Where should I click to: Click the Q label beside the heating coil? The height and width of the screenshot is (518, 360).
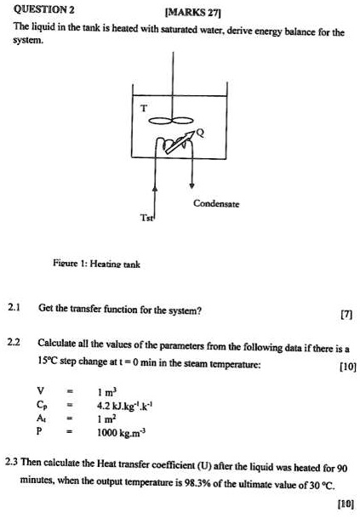point(201,133)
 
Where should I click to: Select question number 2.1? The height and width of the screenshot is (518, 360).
point(14,309)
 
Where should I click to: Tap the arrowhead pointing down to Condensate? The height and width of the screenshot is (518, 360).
point(191,185)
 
